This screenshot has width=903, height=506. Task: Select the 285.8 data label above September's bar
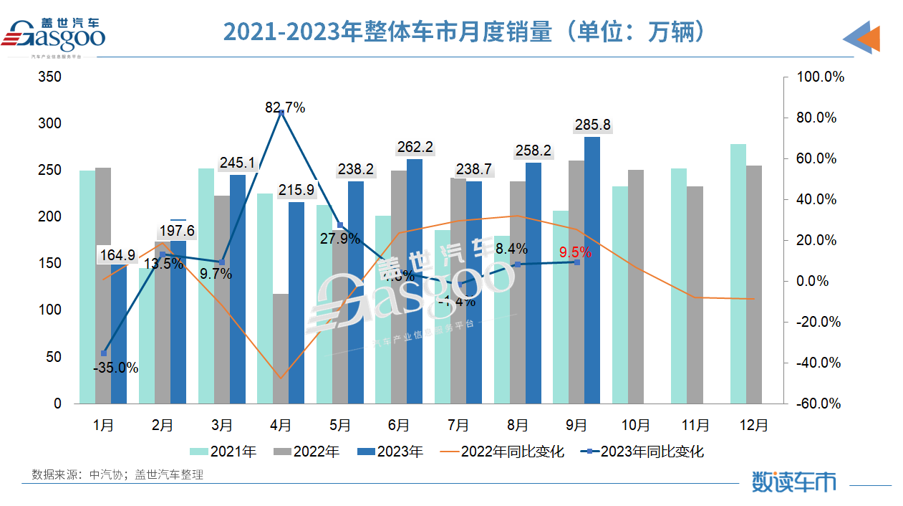pos(592,125)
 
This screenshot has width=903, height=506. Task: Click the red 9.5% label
pos(576,252)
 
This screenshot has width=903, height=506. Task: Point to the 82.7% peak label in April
pos(285,108)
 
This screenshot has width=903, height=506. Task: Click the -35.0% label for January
pos(115,368)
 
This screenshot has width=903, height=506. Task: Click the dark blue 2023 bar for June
pos(415,281)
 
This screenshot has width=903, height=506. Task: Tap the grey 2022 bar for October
pos(635,287)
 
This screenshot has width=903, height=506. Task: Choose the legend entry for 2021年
pos(223,452)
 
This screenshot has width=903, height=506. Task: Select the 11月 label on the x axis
pos(695,425)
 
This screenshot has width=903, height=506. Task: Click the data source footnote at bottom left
pos(117,474)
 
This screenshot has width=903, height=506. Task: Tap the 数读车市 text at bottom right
pos(793,482)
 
